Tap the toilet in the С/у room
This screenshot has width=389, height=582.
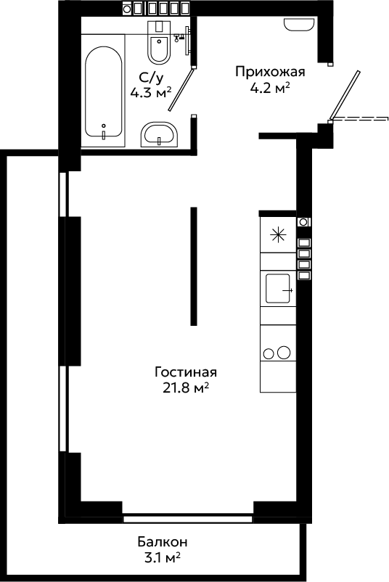[159, 42]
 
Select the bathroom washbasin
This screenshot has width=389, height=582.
[160, 134]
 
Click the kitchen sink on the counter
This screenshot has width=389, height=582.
[278, 288]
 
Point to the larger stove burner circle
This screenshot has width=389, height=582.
[284, 352]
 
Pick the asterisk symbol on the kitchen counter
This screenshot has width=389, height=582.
[278, 235]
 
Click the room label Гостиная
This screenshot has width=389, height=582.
[186, 372]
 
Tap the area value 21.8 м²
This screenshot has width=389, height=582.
[186, 388]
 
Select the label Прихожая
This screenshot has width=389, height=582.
[270, 71]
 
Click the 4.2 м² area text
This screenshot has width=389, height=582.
[270, 89]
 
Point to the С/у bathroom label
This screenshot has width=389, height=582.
[151, 78]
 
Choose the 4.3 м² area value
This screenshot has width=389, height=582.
[151, 92]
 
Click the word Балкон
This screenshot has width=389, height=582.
[163, 542]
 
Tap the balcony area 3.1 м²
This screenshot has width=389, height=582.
[163, 558]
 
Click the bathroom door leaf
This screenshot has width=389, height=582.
[181, 89]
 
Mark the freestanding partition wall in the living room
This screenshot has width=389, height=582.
[193, 266]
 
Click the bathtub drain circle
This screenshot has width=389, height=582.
[104, 126]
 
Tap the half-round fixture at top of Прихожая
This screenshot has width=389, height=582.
[298, 25]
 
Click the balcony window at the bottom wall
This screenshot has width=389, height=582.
[188, 519]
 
